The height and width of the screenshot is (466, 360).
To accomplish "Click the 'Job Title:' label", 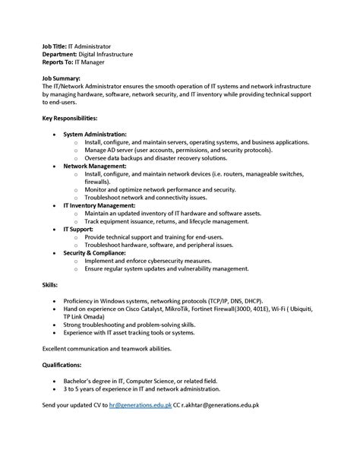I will tap(55, 46).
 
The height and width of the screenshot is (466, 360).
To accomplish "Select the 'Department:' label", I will tap(59, 54).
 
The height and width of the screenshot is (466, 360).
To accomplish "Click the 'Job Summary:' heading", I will tap(62, 78).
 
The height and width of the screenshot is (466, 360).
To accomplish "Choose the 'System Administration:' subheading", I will tap(95, 134).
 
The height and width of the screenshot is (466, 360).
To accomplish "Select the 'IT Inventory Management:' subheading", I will tap(99, 205).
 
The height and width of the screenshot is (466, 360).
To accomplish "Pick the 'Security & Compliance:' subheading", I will tap(94, 252).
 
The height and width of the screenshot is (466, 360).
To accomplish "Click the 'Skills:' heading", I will tap(49, 284).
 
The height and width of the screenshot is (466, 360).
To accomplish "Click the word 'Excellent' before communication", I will tap(55, 347).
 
